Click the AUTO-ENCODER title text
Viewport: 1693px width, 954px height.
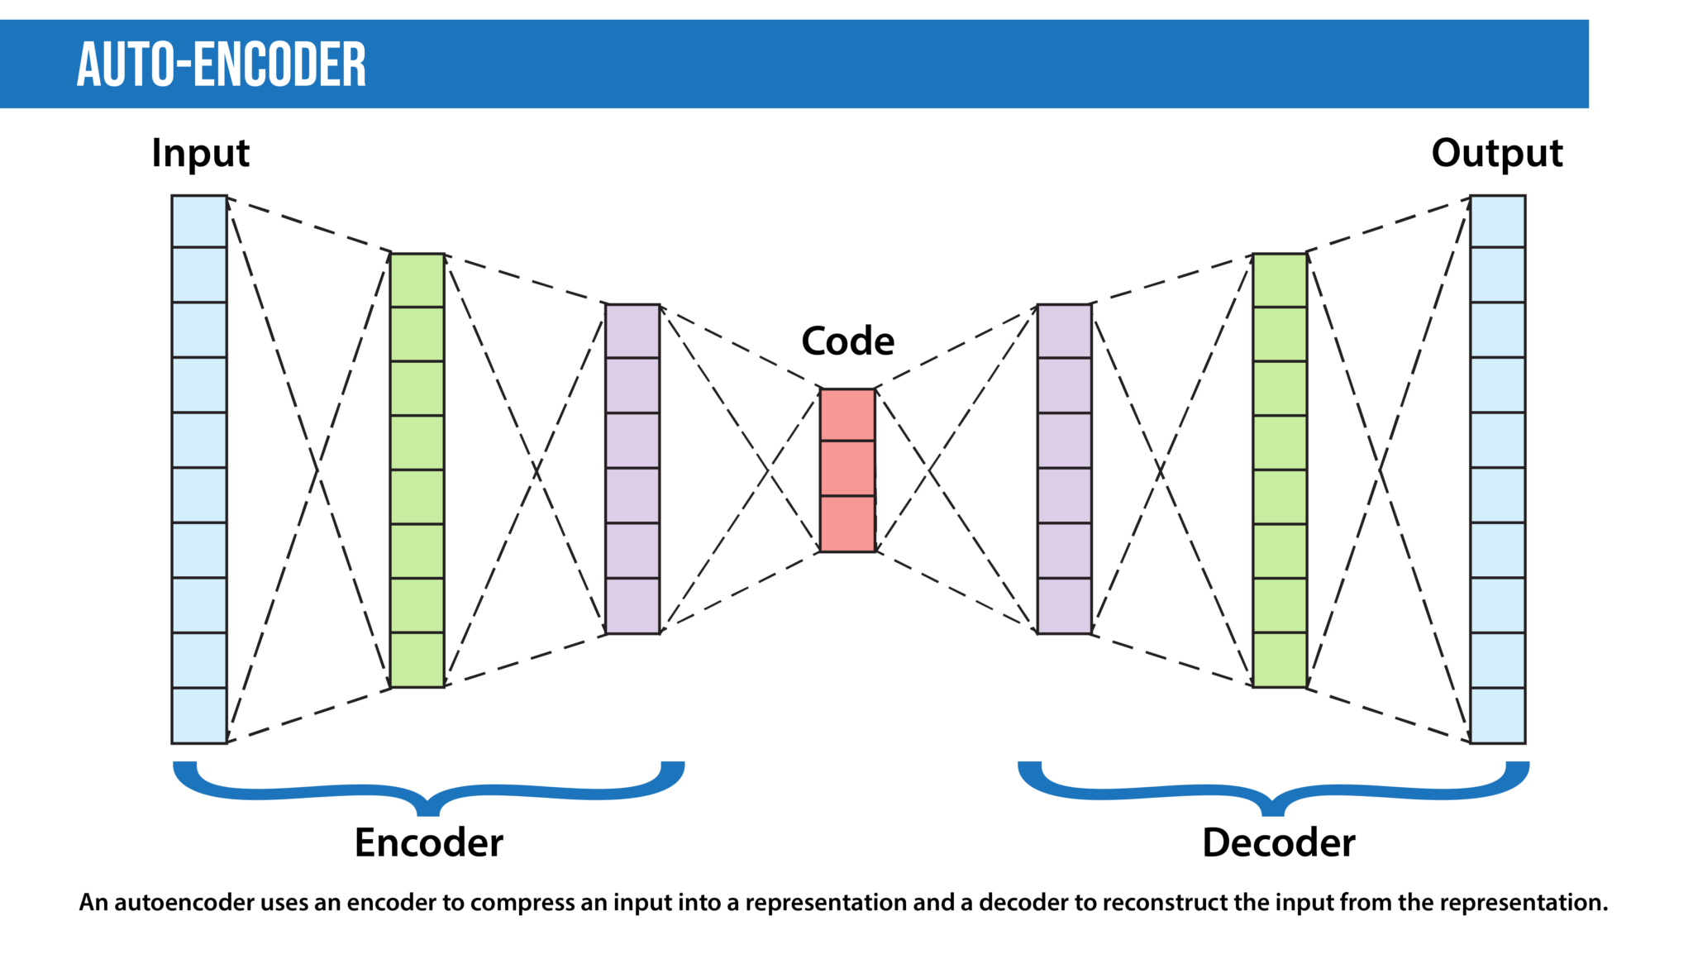tap(222, 64)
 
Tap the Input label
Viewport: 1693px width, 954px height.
tap(200, 154)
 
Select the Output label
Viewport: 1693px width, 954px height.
tap(1496, 154)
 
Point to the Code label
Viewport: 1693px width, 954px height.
tap(847, 341)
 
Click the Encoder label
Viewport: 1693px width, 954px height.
tap(428, 843)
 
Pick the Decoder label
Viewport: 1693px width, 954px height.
tap(1278, 843)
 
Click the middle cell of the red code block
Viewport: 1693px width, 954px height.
tap(847, 469)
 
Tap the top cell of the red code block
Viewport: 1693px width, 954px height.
tap(847, 415)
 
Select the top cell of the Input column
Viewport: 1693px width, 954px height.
tap(199, 222)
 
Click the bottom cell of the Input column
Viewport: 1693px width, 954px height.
tap(199, 715)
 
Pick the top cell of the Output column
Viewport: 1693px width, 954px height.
tap(1497, 222)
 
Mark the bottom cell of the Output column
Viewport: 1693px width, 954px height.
tap(1497, 715)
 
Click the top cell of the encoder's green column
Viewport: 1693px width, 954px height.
tap(417, 280)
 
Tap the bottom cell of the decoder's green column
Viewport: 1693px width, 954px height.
tap(1280, 660)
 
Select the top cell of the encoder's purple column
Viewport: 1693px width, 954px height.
tap(632, 331)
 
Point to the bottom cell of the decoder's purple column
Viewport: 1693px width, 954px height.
tap(1064, 606)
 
